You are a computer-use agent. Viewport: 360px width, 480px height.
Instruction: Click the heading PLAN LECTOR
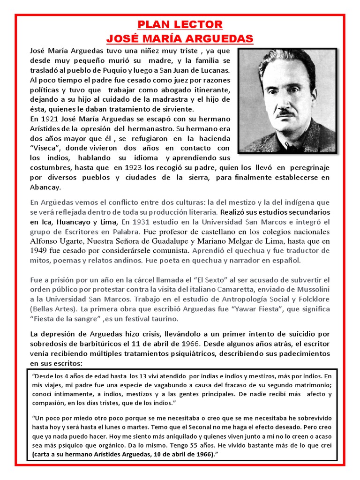pyautogui.click(x=180, y=24)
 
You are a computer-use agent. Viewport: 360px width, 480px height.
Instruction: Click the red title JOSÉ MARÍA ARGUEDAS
pyautogui.click(x=180, y=38)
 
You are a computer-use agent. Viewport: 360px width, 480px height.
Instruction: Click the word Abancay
pyautogui.click(x=45, y=187)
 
